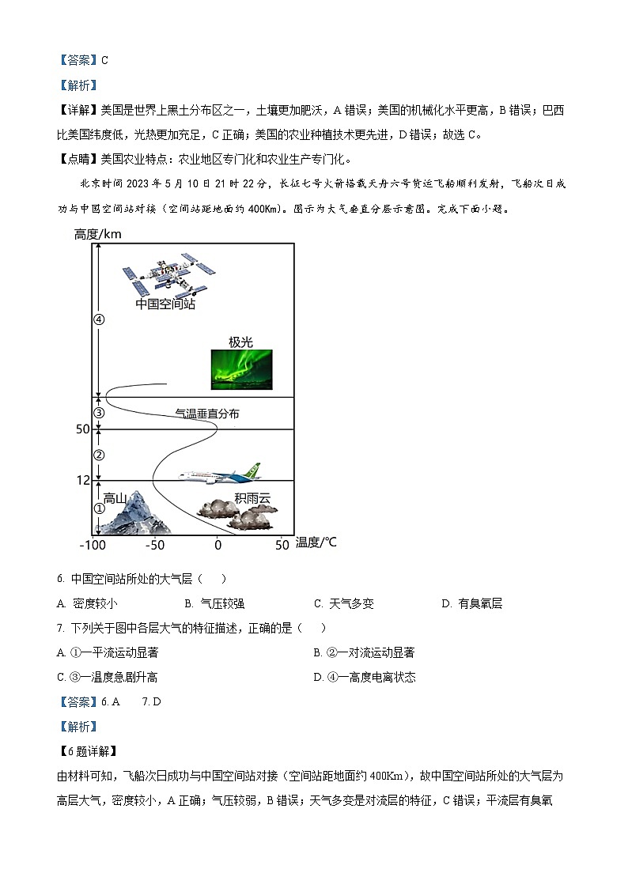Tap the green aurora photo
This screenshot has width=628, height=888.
[x=241, y=369]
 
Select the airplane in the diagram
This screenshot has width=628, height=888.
[x=219, y=474]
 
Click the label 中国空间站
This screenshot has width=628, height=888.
[x=165, y=304]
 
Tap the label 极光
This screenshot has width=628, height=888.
[x=240, y=342]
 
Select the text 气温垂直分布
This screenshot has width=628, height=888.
[x=206, y=414]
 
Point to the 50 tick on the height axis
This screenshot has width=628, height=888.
[x=83, y=429]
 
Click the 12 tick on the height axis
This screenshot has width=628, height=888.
[x=83, y=481]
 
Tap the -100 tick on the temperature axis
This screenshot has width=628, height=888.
[x=93, y=546]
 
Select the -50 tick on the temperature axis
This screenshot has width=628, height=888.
[x=154, y=546]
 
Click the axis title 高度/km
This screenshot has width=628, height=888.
[x=97, y=234]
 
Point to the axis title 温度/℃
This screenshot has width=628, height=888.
[x=316, y=542]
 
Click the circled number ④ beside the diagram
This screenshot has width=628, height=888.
[x=99, y=319]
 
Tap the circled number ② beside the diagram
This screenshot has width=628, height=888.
[x=99, y=455]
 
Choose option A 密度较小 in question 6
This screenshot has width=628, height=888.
[x=88, y=603]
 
